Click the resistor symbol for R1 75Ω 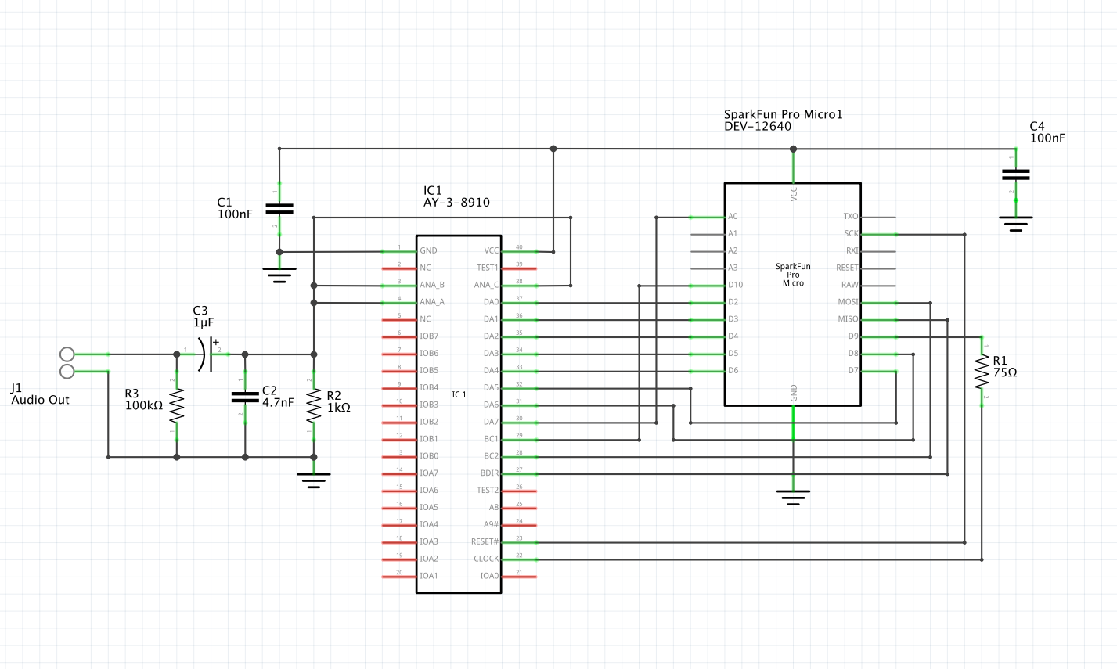[981, 372]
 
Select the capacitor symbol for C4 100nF [1016, 174]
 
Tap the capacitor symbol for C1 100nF [279, 208]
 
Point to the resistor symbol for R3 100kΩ [177, 406]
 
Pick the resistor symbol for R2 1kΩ [314, 405]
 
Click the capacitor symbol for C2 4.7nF [245, 397]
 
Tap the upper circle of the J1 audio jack [67, 354]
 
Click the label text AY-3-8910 [456, 203]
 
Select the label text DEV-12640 [758, 126]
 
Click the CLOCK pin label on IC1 [486, 559]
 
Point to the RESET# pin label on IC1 [485, 541]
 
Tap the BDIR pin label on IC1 [489, 473]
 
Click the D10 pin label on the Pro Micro [735, 285]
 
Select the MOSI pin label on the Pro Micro [848, 302]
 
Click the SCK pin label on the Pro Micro [851, 233]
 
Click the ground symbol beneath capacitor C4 [1016, 223]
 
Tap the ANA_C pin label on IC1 [486, 285]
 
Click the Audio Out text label [40, 400]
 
